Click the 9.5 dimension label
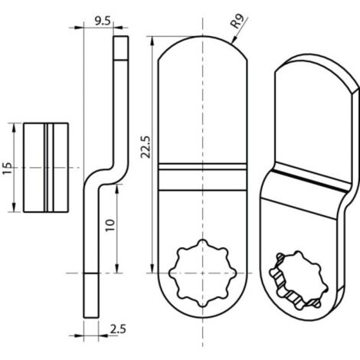(x=103, y=21)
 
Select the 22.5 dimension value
(x=146, y=147)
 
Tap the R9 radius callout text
(x=237, y=21)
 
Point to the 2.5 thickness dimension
(x=118, y=329)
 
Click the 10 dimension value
(x=110, y=225)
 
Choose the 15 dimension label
(x=8, y=168)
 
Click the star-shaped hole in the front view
(x=202, y=273)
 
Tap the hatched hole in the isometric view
(x=299, y=280)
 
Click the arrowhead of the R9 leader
(x=233, y=41)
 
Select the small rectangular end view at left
(x=46, y=168)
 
